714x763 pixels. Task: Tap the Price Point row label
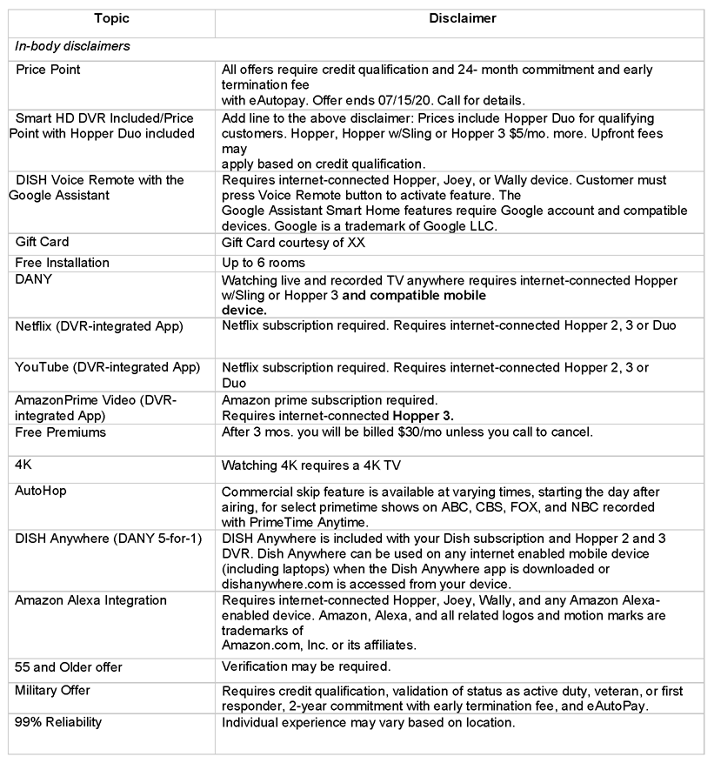point(48,70)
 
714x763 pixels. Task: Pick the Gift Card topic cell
point(42,242)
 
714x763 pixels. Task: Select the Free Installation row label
point(63,263)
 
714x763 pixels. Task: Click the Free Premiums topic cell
point(60,432)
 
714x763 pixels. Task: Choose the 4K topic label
point(23,465)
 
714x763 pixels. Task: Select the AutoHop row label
point(41,491)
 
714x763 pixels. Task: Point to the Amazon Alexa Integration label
point(90,601)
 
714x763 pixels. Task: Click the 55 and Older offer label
point(69,667)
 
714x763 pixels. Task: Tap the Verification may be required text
point(306,667)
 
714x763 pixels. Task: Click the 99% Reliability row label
point(58,723)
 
